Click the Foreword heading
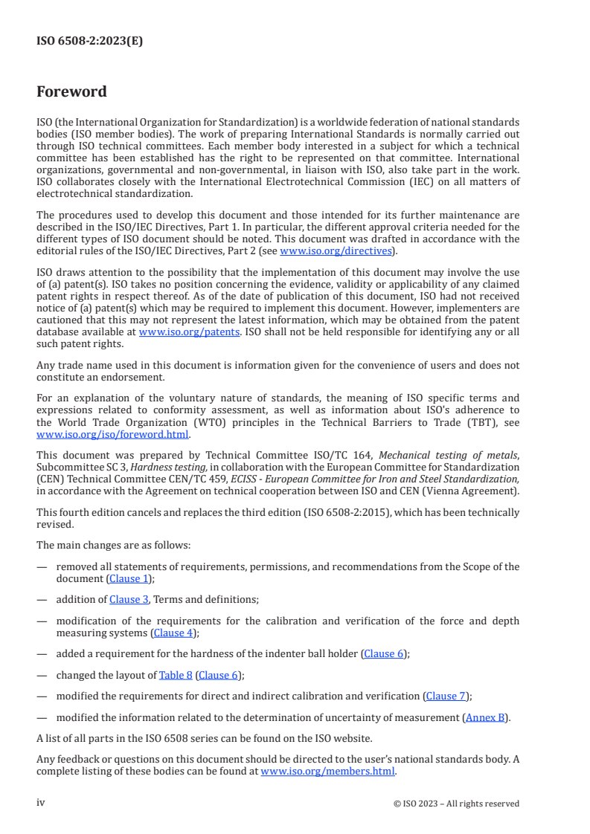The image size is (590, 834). click(x=71, y=92)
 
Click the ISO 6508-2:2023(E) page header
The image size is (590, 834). click(x=89, y=42)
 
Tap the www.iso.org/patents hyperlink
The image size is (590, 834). click(x=189, y=332)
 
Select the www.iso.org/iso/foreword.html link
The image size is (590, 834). click(x=113, y=435)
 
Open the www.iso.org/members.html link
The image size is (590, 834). click(x=328, y=771)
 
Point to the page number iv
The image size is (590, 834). click(x=41, y=803)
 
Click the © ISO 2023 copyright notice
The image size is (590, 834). click(x=456, y=804)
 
